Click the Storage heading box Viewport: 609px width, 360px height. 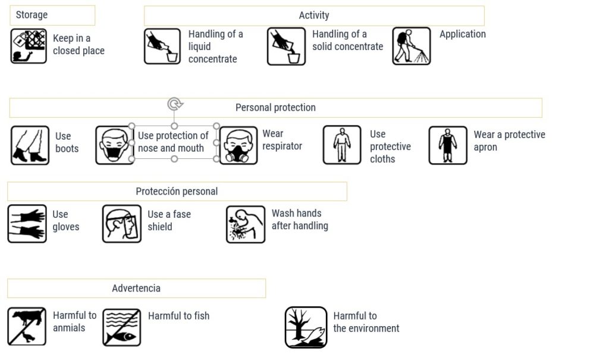[52, 15]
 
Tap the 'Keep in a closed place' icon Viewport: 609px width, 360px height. [29, 46]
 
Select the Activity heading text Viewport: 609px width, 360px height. [313, 15]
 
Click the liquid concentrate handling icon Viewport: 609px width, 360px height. [162, 46]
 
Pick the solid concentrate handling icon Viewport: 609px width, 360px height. [286, 46]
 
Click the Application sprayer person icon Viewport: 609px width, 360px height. [411, 46]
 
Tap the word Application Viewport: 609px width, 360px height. [462, 34]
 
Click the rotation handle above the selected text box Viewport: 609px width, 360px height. [174, 105]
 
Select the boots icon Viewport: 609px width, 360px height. [30, 145]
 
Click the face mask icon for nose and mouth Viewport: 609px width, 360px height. [114, 145]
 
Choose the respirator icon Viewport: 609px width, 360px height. [238, 145]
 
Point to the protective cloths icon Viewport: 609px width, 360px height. [341, 145]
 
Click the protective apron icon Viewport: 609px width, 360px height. [447, 145]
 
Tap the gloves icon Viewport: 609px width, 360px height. [27, 224]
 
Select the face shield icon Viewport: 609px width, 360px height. [121, 224]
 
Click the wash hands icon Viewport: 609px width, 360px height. [246, 224]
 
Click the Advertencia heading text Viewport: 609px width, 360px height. [136, 288]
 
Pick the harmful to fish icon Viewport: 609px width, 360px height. [121, 327]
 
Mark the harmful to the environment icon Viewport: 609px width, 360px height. [306, 327]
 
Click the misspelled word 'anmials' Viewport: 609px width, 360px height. [69, 328]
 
